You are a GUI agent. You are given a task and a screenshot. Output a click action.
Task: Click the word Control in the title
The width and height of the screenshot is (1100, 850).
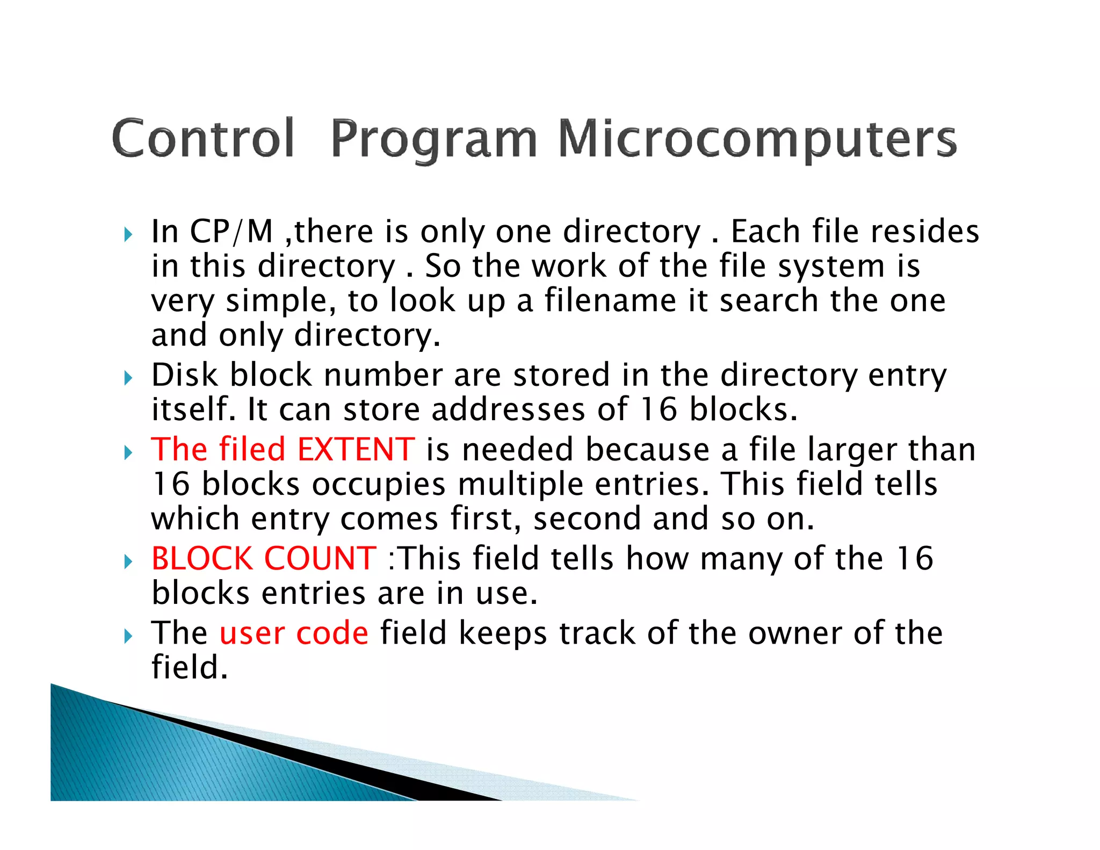203,139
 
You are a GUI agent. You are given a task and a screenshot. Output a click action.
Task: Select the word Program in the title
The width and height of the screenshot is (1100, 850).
433,140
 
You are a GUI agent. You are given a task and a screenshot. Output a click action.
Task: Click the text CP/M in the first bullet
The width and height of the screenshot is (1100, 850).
231,232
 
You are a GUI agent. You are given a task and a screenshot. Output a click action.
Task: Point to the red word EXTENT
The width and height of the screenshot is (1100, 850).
356,450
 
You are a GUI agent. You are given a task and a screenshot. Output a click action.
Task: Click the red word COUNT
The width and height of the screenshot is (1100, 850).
320,559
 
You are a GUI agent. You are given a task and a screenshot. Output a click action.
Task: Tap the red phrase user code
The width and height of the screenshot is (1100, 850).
294,633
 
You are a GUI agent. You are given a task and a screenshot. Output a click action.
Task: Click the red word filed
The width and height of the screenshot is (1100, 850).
251,450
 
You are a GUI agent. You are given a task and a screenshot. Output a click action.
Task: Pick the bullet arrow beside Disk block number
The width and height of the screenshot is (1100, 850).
128,378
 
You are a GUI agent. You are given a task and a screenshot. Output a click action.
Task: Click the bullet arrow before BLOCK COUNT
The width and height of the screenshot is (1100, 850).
128,562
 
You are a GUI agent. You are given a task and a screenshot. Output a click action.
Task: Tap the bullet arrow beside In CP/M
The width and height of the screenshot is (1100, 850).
128,235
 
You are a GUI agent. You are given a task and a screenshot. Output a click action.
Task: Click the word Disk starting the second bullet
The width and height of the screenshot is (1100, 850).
184,375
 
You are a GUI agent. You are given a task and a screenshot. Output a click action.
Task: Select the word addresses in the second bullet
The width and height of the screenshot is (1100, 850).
508,410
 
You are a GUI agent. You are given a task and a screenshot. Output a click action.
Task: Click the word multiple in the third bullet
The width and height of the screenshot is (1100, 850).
520,485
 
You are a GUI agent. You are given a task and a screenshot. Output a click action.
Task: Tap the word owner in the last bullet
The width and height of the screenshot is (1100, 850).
794,633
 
